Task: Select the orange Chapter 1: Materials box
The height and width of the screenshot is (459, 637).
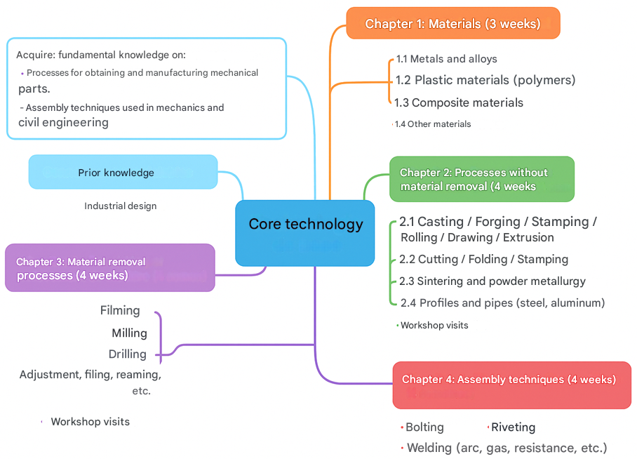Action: click(452, 24)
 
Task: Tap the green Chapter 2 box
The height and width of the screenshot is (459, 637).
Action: click(481, 179)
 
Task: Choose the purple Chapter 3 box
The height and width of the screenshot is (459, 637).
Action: click(109, 268)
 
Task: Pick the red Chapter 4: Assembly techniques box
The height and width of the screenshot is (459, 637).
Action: click(511, 384)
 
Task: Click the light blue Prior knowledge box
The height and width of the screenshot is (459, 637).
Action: click(123, 173)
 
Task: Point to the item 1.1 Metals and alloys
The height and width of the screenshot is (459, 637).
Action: click(447, 60)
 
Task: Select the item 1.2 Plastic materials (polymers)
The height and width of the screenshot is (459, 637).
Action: click(485, 80)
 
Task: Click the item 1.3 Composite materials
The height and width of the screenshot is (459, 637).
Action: click(459, 102)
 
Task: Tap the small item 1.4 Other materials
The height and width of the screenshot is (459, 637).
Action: click(433, 124)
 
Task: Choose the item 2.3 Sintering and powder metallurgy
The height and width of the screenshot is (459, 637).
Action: click(492, 281)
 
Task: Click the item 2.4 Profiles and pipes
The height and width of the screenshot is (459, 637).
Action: click(502, 303)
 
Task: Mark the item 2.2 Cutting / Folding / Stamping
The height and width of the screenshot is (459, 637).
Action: click(483, 260)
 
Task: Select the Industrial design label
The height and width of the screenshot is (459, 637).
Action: click(121, 206)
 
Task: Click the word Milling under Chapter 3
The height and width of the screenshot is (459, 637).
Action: click(130, 333)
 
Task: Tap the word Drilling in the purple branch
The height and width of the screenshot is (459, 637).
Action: click(128, 354)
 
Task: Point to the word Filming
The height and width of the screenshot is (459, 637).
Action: click(120, 311)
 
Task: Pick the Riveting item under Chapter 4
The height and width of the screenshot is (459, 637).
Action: click(513, 427)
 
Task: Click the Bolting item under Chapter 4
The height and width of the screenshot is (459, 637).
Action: click(424, 427)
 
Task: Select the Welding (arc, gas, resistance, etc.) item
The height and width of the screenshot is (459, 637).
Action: click(507, 448)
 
